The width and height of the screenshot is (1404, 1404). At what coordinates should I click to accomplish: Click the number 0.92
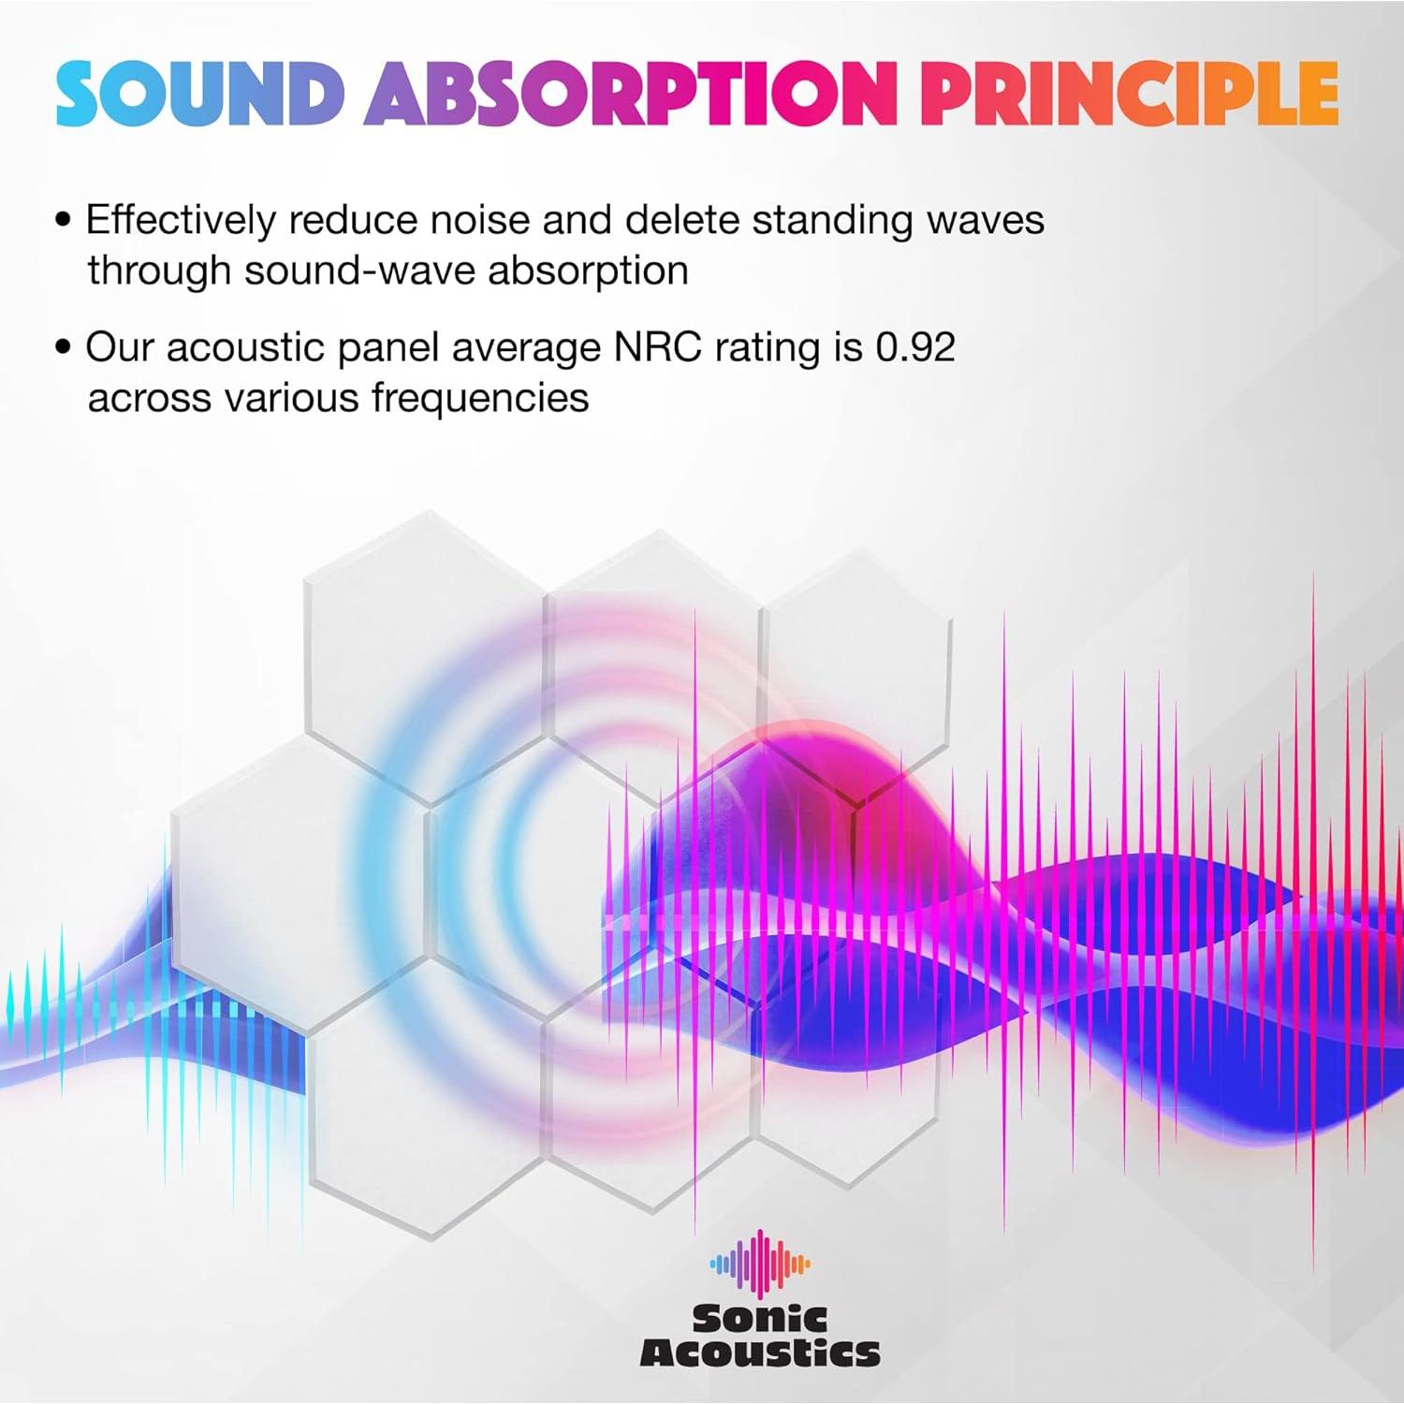(915, 347)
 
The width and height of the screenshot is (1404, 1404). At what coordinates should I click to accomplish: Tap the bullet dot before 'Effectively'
(64, 221)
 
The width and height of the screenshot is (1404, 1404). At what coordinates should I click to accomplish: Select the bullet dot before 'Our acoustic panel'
(64, 348)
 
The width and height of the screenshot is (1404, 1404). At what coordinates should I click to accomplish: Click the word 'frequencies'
(480, 399)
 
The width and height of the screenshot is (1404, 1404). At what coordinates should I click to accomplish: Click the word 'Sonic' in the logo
(759, 1319)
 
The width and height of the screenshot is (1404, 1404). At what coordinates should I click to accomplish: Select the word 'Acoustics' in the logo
(759, 1353)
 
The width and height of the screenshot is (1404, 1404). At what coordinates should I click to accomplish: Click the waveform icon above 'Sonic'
(759, 1264)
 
